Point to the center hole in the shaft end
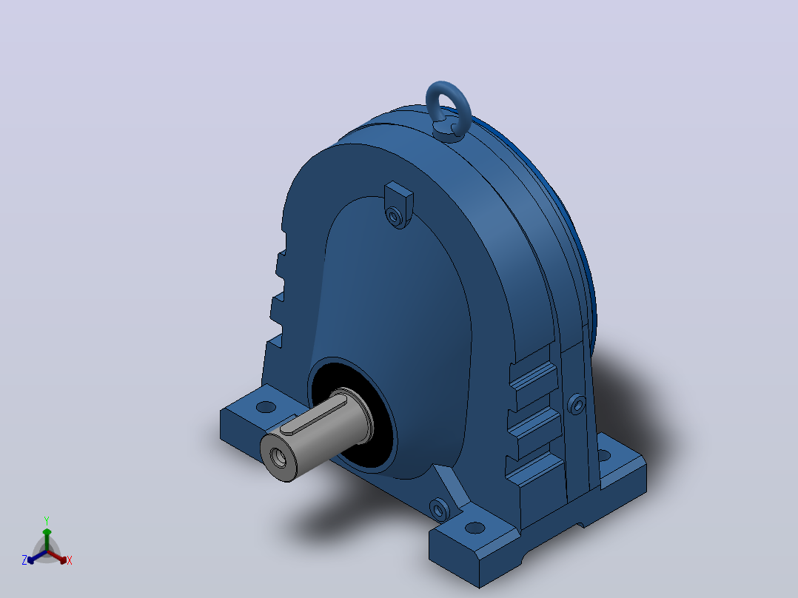click(x=279, y=457)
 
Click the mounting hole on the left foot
click(x=266, y=407)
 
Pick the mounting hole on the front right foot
click(x=475, y=528)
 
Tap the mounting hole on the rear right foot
click(x=603, y=455)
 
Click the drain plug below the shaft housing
click(x=440, y=509)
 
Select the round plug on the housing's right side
click(x=577, y=404)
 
